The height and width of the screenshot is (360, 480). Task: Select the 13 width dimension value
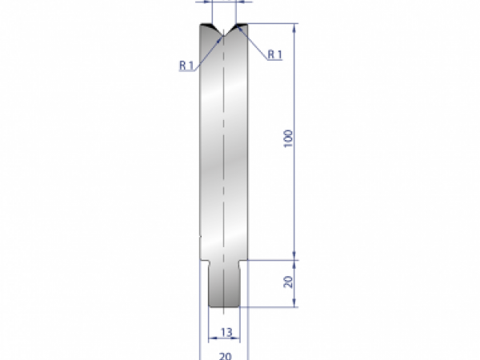(x=226, y=332)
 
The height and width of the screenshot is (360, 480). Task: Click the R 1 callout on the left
(x=187, y=66)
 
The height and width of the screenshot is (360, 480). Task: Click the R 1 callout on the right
(x=274, y=54)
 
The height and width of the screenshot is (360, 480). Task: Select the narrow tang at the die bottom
(x=225, y=284)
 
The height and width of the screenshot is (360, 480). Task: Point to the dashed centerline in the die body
(x=225, y=160)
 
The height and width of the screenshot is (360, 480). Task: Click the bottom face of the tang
(x=225, y=306)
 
